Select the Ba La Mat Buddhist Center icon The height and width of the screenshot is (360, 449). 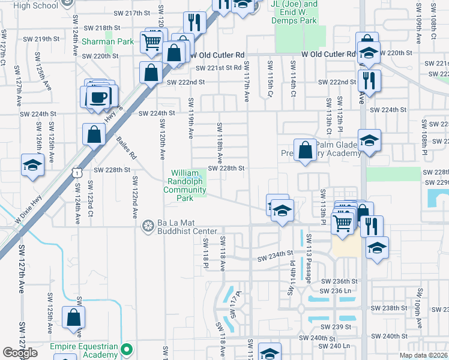point(147,226)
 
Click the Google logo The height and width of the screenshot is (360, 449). point(20,353)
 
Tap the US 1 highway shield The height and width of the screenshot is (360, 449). point(76,173)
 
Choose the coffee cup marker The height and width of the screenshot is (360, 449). point(98,96)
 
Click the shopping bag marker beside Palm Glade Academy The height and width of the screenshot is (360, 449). point(306,150)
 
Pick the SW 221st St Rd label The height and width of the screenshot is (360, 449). point(218,68)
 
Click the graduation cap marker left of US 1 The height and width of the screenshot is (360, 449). point(32,166)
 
